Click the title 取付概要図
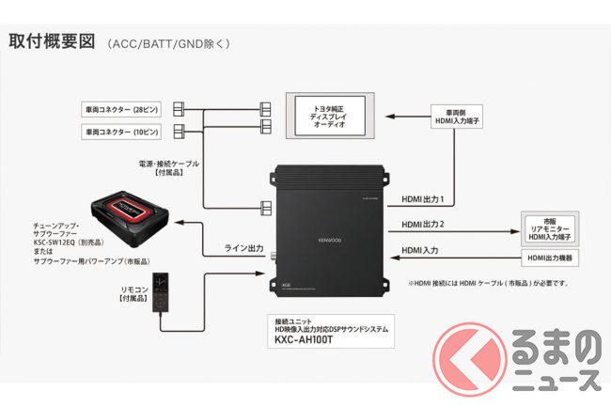52,42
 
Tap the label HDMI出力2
424,225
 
